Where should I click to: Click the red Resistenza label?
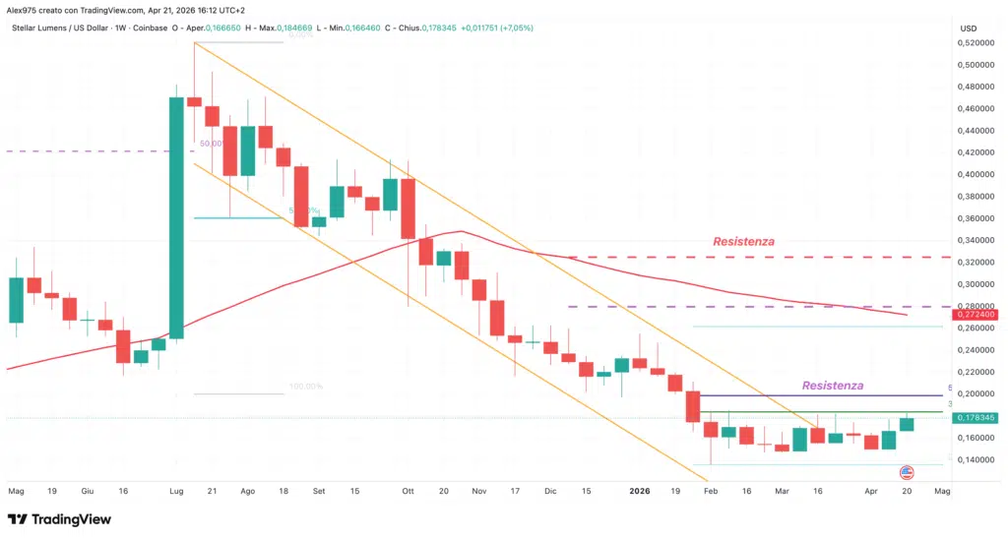coord(743,241)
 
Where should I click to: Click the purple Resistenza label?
coord(833,385)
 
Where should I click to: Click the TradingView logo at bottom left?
coord(59,518)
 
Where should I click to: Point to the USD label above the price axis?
coord(968,29)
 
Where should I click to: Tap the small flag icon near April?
coord(907,473)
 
